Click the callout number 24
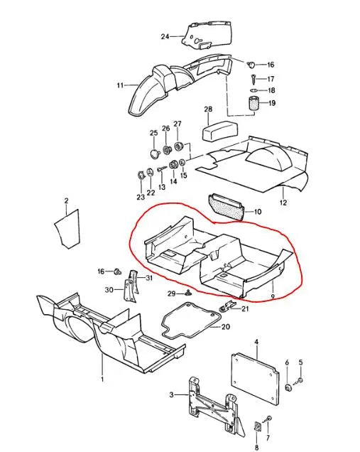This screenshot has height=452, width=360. point(165,37)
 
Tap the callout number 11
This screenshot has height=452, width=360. point(120,85)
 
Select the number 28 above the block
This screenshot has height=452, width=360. point(208,109)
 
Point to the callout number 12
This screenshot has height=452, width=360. point(283,203)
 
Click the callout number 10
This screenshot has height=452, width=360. point(258,212)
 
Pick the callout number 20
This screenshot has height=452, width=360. point(226,327)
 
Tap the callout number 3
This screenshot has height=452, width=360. point(172,394)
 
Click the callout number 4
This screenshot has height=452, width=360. point(256,342)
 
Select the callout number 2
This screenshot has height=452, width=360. point(67,200)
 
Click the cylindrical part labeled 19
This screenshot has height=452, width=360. point(253,103)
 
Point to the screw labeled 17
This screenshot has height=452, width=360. point(253,78)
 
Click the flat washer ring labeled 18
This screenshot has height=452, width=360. point(253,90)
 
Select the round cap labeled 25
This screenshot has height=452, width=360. point(155,154)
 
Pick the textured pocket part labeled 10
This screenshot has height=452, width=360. point(227,207)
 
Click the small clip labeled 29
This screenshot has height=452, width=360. point(188,294)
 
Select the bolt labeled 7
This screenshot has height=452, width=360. point(269,419)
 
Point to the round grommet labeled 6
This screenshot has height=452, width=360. point(288,387)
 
